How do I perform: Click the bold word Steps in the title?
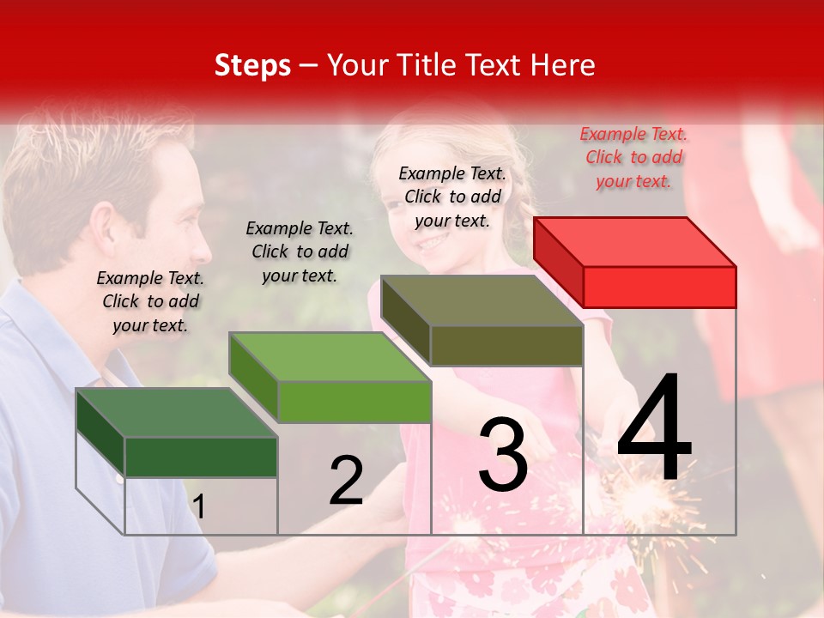pyautogui.click(x=252, y=65)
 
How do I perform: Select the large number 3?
pyautogui.click(x=502, y=454)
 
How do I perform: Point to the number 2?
pyautogui.click(x=346, y=481)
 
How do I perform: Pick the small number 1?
pyautogui.click(x=198, y=506)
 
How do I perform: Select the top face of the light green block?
pyautogui.click(x=330, y=357)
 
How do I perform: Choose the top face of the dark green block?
pyautogui.click(x=177, y=413)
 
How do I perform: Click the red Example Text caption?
pyautogui.click(x=633, y=157)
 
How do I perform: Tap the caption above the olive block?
pyautogui.click(x=452, y=197)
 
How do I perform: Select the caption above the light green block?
pyautogui.click(x=300, y=251)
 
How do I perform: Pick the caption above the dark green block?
pyautogui.click(x=150, y=301)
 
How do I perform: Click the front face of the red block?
pyautogui.click(x=659, y=287)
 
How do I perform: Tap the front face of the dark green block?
pyautogui.click(x=201, y=457)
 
